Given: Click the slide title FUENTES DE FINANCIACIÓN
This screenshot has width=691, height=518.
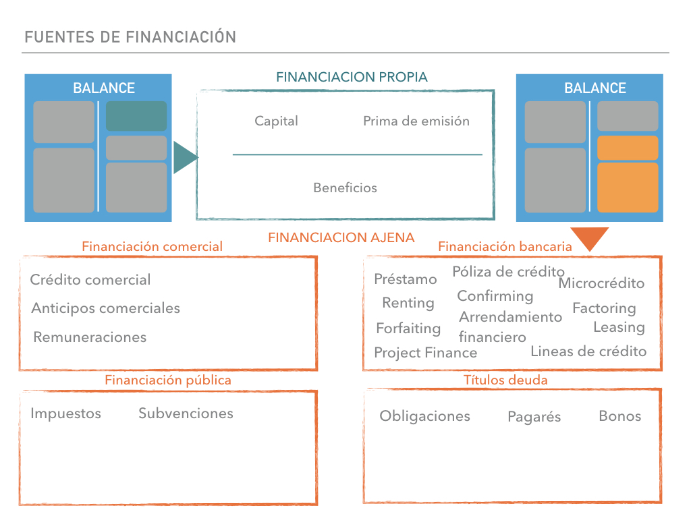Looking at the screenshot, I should (130, 37).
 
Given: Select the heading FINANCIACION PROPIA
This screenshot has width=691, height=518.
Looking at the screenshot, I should (352, 77).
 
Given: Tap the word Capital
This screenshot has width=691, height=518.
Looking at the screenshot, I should (276, 121).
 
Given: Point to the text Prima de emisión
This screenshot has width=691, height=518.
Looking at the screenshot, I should (416, 121).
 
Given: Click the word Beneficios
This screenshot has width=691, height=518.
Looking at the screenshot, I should (345, 188).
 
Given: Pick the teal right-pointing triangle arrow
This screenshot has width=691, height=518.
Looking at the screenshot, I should (184, 158).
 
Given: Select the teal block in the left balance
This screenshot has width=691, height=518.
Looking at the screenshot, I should (136, 116).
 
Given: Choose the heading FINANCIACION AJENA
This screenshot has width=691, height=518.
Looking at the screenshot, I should (341, 238).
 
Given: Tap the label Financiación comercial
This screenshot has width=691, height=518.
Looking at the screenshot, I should (152, 247).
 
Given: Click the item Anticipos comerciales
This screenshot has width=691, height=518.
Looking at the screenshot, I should (106, 308).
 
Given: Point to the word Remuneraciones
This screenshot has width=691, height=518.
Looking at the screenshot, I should (90, 337).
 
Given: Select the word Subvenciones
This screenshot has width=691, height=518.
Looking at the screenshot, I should (186, 413).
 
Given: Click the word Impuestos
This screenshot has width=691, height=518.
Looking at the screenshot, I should (65, 413).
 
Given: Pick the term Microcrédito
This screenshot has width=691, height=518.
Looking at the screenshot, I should (601, 283).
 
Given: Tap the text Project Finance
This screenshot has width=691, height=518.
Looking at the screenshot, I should (425, 353).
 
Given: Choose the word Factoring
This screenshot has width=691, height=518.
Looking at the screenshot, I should (604, 308).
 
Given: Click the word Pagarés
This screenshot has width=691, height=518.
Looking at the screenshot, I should (534, 417).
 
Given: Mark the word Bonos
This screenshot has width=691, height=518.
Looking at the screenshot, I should (619, 415).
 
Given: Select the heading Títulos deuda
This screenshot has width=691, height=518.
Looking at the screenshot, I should (505, 380).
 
